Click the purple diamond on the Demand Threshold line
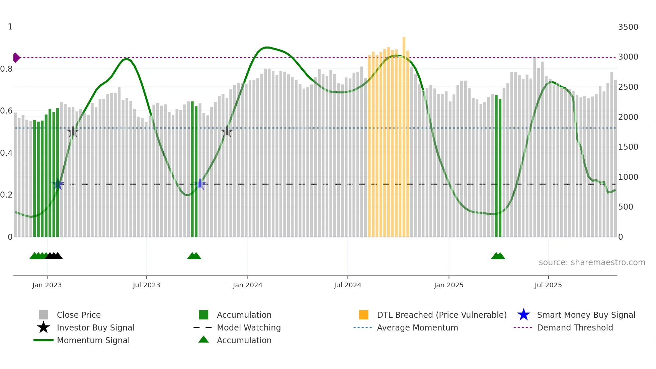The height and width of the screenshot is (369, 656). (x=16, y=58)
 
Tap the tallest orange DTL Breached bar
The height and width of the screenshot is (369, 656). (x=404, y=134)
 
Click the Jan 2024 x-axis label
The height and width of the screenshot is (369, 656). (x=247, y=285)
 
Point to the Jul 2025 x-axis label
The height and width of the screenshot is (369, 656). (x=548, y=285)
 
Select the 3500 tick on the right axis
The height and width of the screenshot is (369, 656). (x=628, y=27)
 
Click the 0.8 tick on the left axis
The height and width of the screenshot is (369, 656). (x=6, y=69)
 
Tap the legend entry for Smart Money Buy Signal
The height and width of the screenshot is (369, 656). (x=586, y=315)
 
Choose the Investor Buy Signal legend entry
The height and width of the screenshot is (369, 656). (x=95, y=327)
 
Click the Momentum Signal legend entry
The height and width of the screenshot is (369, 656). (x=93, y=340)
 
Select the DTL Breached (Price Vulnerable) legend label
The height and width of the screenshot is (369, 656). (x=441, y=315)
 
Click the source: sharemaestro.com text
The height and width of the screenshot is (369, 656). (x=592, y=263)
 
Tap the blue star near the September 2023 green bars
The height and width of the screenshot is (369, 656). (x=200, y=184)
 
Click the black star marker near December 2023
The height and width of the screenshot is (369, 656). (x=227, y=131)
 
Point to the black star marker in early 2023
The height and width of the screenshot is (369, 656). (x=73, y=132)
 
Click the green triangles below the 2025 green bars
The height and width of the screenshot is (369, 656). (x=498, y=256)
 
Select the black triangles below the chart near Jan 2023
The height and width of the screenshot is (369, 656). (x=54, y=256)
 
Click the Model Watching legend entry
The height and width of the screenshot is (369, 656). (x=248, y=327)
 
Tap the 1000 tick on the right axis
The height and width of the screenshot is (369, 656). (x=628, y=177)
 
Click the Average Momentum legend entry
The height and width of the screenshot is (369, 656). (x=417, y=327)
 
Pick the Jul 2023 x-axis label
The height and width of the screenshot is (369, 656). (x=146, y=285)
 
